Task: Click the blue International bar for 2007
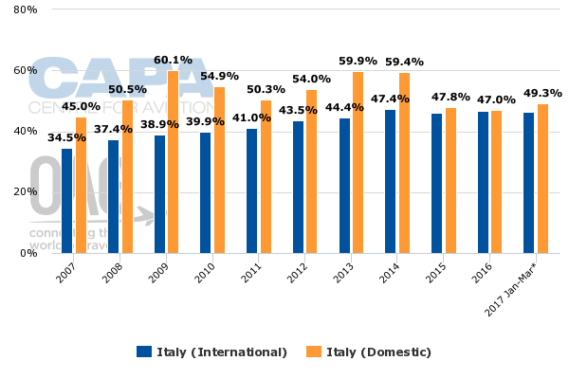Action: [66, 201]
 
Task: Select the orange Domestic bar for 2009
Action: [174, 161]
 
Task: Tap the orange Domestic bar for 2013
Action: [358, 162]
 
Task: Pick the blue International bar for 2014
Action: [390, 181]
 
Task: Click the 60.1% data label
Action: [173, 60]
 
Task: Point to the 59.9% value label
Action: [358, 62]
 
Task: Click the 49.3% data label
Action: [542, 93]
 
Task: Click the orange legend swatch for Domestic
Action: [313, 352]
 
